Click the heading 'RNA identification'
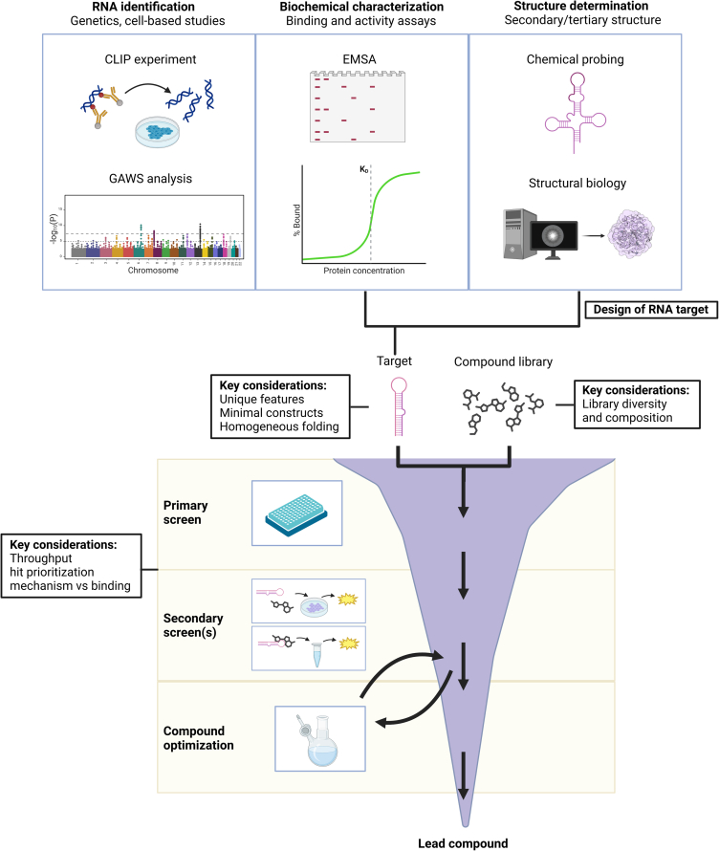click(148, 8)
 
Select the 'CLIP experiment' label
click(148, 59)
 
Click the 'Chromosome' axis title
click(148, 270)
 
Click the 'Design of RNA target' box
click(649, 308)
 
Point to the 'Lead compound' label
click(463, 842)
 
